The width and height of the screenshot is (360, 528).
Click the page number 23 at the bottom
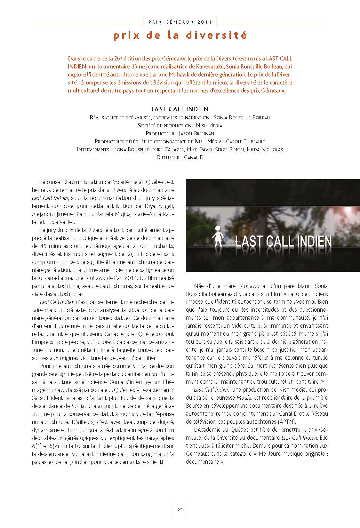[x=180, y=510]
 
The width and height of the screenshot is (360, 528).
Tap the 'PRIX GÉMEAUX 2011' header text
[x=180, y=22]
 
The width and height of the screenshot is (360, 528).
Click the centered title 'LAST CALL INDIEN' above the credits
[x=180, y=109]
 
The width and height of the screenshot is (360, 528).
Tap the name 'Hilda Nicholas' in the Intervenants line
[x=265, y=149]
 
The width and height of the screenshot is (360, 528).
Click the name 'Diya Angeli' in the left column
[x=161, y=206]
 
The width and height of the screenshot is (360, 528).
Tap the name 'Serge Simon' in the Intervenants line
[x=229, y=149]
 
